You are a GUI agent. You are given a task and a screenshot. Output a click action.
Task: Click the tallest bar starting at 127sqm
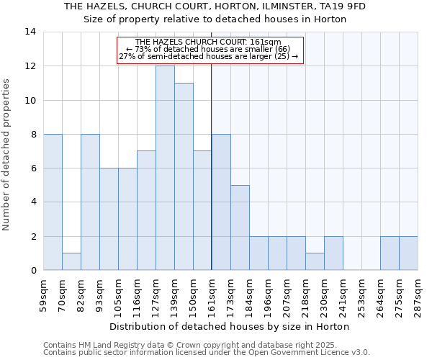[165, 168]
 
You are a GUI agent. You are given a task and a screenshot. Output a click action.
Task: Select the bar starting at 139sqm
[184, 176]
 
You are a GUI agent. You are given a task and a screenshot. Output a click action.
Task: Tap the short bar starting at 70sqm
[71, 261]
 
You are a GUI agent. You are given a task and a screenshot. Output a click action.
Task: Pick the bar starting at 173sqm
[240, 228]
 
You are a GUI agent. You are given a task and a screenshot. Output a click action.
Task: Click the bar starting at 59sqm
[53, 202]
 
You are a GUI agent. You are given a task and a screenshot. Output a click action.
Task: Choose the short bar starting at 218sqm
[315, 261]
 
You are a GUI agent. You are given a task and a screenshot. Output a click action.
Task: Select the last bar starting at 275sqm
[408, 253]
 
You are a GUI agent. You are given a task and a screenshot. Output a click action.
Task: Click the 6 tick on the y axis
[33, 168]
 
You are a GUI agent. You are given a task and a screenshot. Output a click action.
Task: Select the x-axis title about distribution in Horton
[230, 326]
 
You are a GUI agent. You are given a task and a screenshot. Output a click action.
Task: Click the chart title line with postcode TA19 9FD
[215, 6]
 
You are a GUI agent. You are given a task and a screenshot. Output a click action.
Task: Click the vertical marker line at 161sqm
[212, 180]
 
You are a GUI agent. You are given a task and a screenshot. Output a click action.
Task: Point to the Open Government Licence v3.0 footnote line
[207, 353]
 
